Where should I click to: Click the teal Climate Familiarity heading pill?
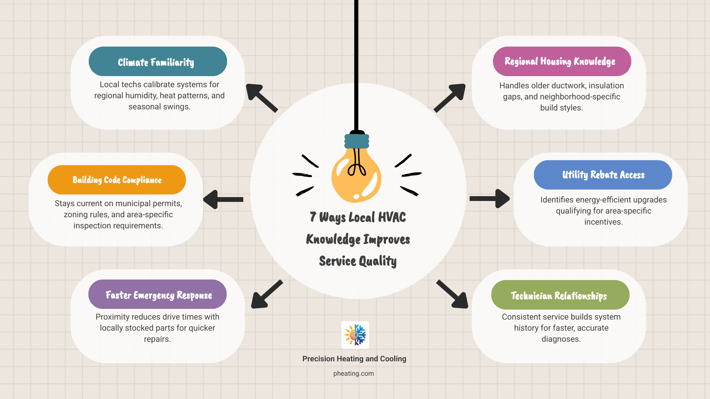point(158,62)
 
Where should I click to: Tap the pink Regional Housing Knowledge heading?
point(561,61)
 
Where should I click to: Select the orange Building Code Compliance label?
point(117,180)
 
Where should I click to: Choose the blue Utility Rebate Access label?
point(603,175)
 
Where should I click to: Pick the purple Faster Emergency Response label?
point(158,294)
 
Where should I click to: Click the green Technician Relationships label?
point(560,295)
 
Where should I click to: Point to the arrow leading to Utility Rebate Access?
point(490,199)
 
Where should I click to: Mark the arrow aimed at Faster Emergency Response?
point(266,294)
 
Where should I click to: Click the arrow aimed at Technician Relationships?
point(453,294)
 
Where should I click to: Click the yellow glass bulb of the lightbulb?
point(356,177)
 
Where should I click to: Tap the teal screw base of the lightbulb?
point(357,141)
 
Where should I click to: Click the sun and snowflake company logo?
point(355,335)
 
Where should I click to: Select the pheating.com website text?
point(354,374)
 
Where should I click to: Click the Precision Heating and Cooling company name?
point(354,359)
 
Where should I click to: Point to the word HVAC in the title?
point(392,217)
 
